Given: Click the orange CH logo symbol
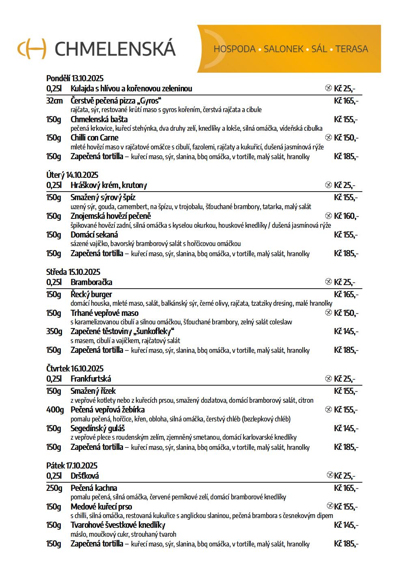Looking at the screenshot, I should tap(32, 49).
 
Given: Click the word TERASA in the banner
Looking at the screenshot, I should tap(351, 49).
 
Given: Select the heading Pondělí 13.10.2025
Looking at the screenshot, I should tap(75, 78).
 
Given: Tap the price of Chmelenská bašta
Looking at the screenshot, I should tap(346, 119).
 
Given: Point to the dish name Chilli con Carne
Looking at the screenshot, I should tap(94, 138).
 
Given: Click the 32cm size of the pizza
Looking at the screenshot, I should tap(54, 101).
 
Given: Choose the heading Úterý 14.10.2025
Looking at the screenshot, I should tap(72, 175).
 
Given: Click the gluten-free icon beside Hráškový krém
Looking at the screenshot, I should tap(328, 185).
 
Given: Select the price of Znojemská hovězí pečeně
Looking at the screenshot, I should tap(346, 216).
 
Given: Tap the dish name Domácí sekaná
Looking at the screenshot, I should tap(94, 235).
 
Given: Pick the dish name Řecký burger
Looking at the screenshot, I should tap(91, 294).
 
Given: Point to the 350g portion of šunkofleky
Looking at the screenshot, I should tap(54, 331).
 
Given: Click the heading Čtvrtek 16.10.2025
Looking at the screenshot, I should tap(75, 369).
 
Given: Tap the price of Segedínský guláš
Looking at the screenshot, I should tap(346, 428).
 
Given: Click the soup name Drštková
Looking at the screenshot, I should tap(84, 476).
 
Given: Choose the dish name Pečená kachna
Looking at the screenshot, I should tap(94, 488).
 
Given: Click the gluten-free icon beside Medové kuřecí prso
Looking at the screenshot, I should tap(330, 506).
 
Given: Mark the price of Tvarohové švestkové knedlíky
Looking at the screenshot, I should tap(346, 525).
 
